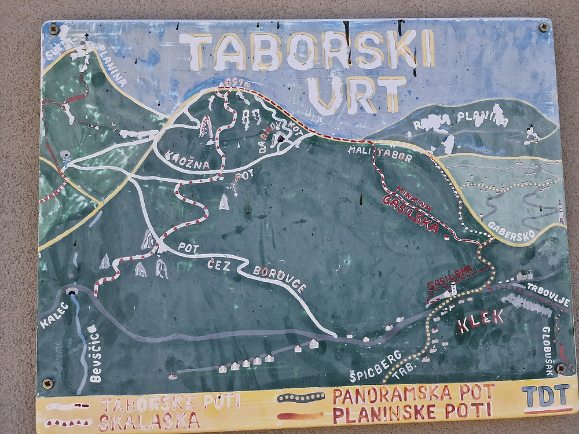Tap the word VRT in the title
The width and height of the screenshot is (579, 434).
click(356, 94)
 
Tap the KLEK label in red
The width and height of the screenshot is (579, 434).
click(480, 321)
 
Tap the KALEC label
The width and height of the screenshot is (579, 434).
click(54, 315)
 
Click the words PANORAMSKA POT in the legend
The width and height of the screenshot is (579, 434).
click(413, 394)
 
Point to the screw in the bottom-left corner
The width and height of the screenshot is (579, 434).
click(49, 383)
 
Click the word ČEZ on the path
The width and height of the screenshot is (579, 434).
click(219, 264)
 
